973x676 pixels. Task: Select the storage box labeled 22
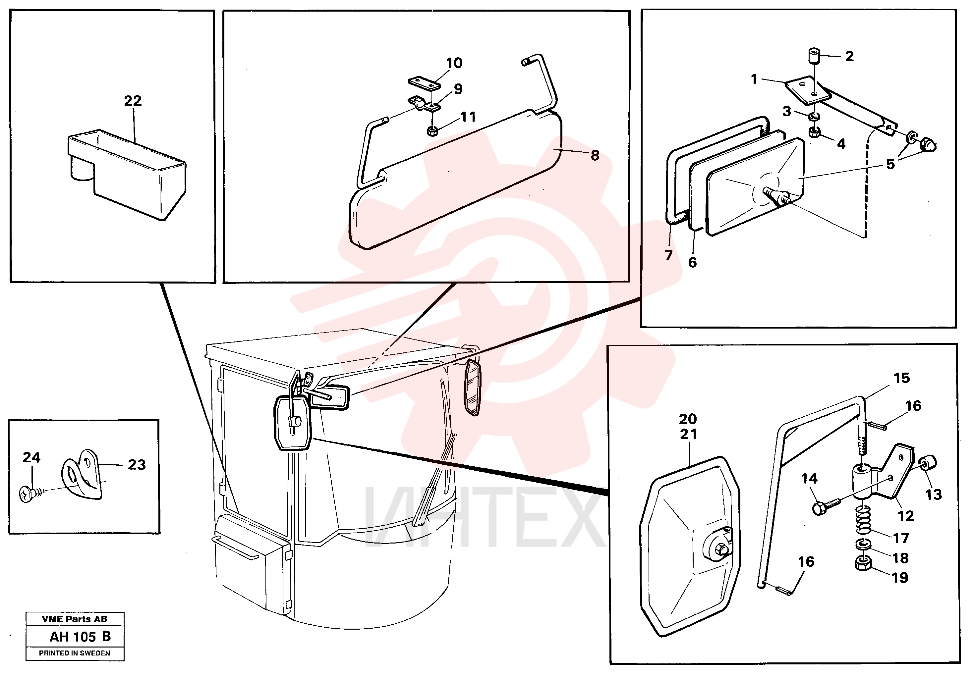[127, 175]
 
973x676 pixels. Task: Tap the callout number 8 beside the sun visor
[595, 155]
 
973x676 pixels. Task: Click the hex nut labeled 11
[432, 131]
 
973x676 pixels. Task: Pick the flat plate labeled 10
[424, 83]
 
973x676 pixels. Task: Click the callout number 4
[841, 144]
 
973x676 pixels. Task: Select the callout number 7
[669, 255]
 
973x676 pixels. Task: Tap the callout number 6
[692, 263]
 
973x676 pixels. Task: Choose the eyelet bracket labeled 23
[83, 475]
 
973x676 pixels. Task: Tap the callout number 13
[934, 494]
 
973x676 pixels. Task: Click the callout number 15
[902, 378]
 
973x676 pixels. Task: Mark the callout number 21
[688, 434]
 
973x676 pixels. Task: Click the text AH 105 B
[80, 637]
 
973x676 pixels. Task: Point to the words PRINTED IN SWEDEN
[75, 653]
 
